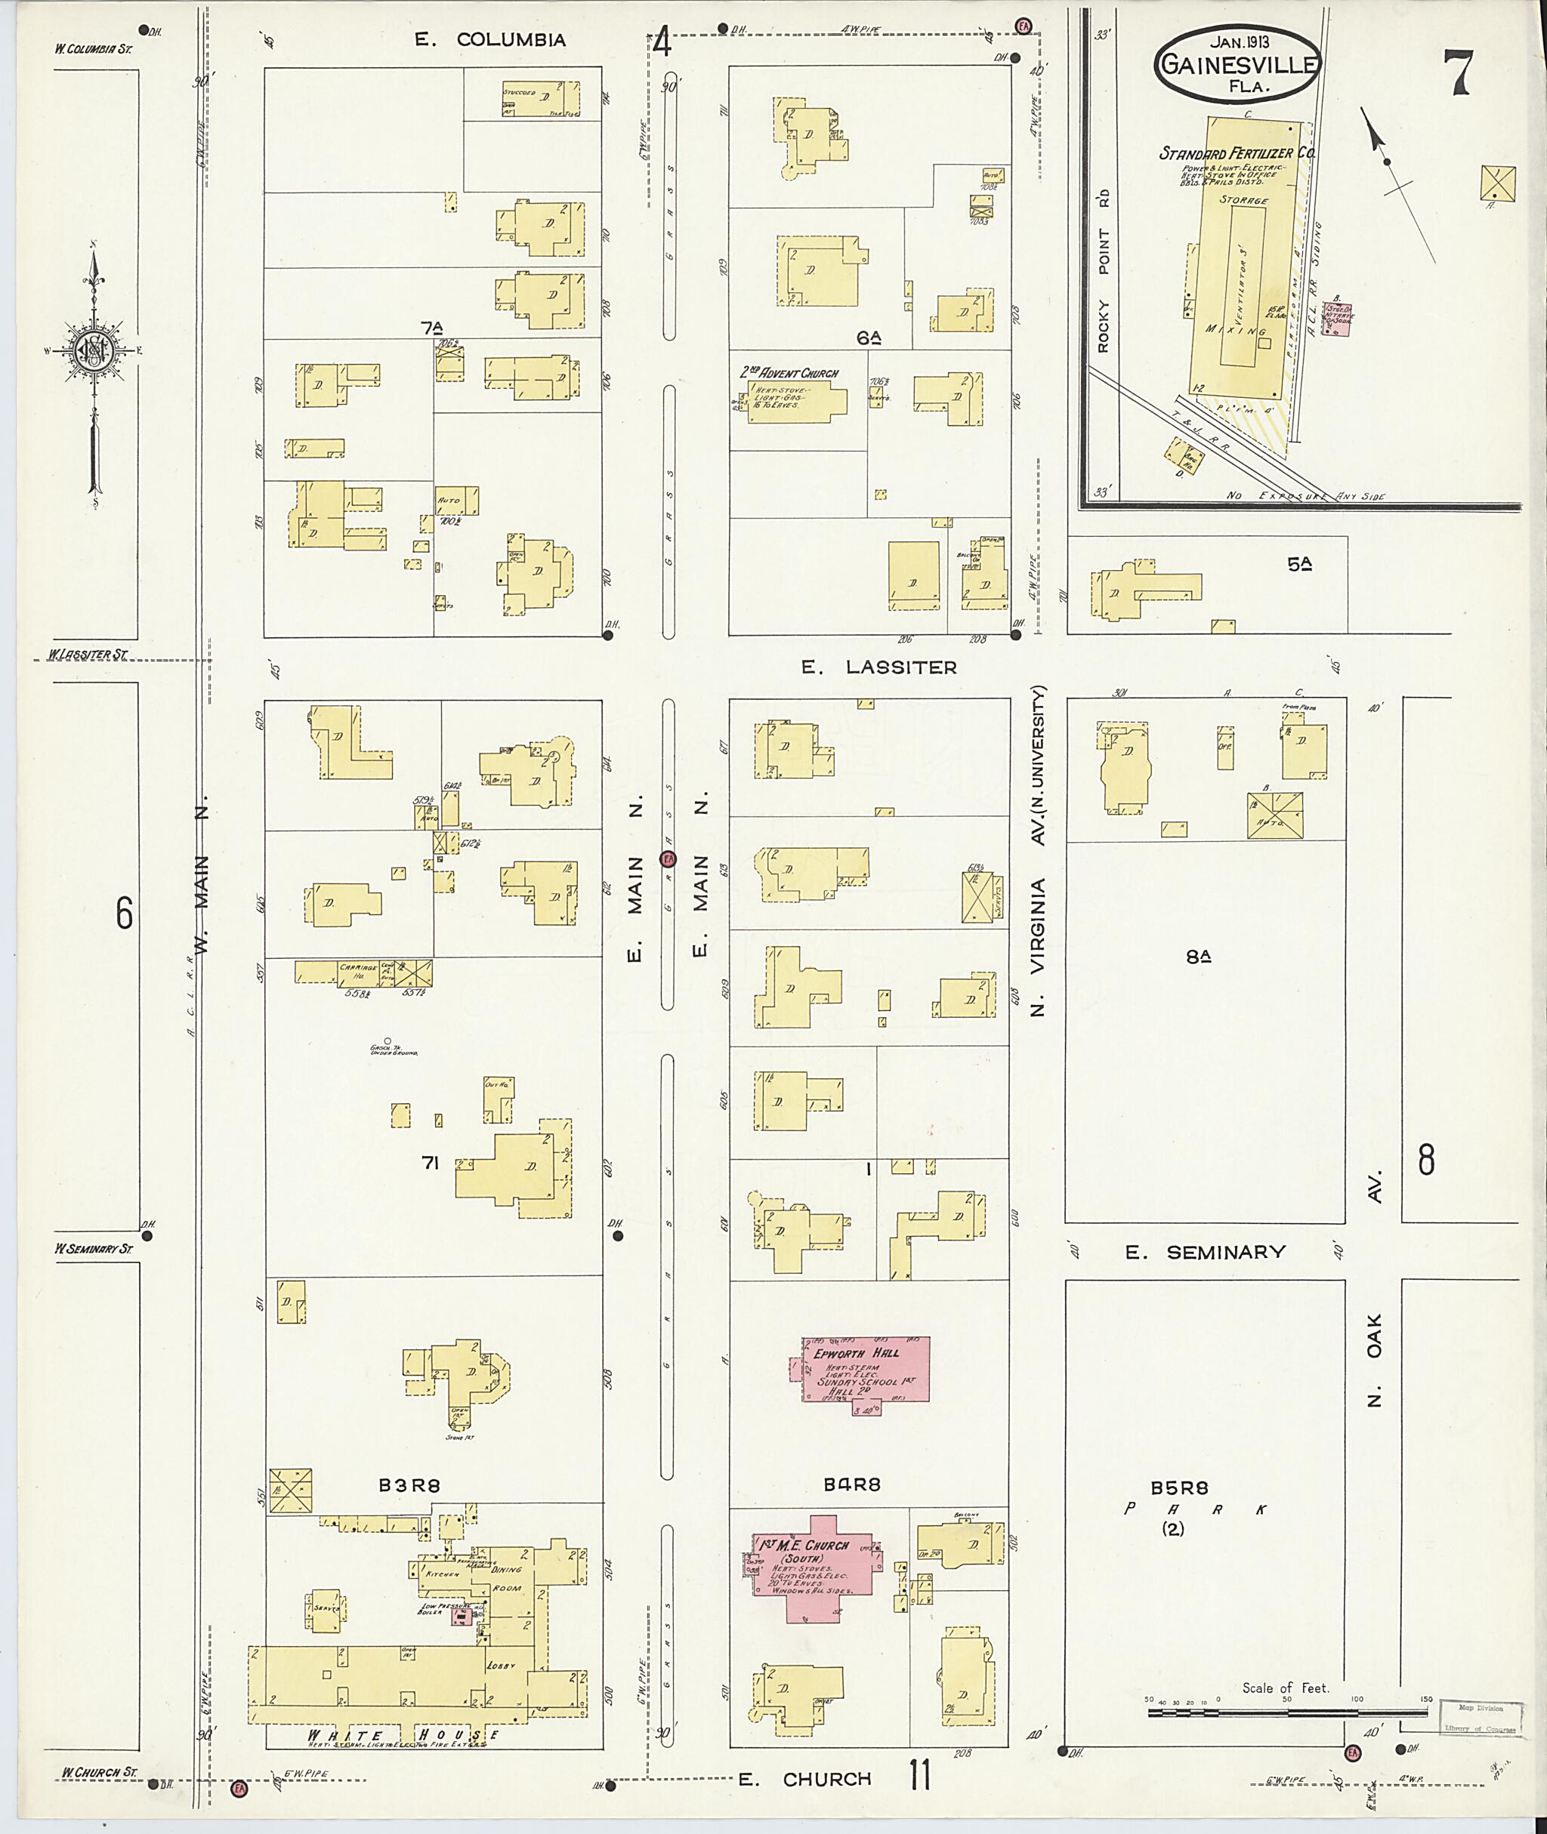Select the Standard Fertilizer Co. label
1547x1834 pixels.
(x=1237, y=153)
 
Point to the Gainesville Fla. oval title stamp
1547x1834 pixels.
(x=1237, y=63)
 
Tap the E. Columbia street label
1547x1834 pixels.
(x=490, y=39)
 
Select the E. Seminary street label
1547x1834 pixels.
(x=1205, y=1253)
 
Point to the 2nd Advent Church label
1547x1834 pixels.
(x=789, y=372)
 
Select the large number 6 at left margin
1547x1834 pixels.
(x=124, y=914)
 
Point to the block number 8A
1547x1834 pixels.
(x=1198, y=957)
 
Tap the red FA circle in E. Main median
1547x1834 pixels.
(x=669, y=859)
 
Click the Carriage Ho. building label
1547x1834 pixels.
(x=358, y=969)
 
